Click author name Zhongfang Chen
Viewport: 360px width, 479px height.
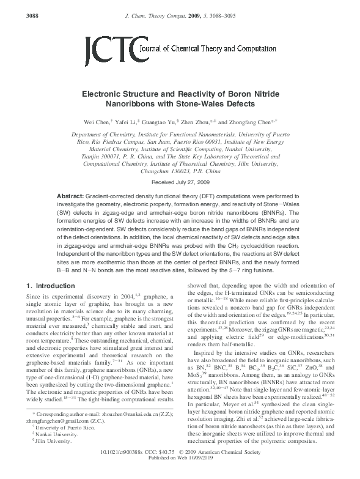coord(252,122)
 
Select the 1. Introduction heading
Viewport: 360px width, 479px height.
coord(54,285)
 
